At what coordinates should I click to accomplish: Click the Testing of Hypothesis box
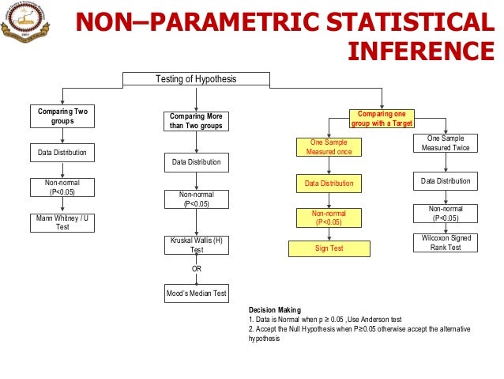click(x=197, y=78)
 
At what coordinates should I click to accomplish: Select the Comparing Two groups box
click(x=62, y=117)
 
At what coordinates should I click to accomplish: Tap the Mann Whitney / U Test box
click(x=62, y=222)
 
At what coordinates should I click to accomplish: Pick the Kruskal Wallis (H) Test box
click(x=197, y=244)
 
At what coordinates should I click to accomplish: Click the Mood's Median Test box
click(x=197, y=294)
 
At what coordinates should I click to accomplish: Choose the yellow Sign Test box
click(x=329, y=248)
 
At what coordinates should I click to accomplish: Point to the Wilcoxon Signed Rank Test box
click(x=446, y=243)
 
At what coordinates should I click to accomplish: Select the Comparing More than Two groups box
click(x=197, y=121)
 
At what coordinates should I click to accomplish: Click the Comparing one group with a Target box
click(x=382, y=118)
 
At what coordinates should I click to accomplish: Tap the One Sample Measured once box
click(x=329, y=147)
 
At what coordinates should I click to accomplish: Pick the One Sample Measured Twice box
click(x=446, y=142)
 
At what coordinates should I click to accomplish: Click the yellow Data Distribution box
click(x=329, y=184)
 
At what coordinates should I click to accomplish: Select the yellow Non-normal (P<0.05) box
click(x=329, y=218)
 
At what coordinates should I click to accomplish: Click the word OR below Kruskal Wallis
click(x=197, y=269)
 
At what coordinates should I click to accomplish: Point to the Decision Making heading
click(x=274, y=310)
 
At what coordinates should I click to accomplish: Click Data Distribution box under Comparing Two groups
click(x=62, y=152)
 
